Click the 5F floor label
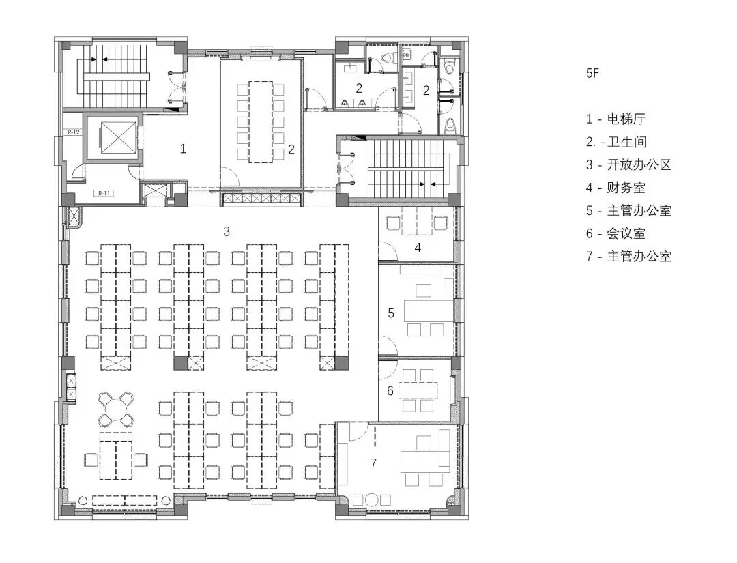(x=592, y=73)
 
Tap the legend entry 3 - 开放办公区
(x=628, y=164)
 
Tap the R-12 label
(x=74, y=132)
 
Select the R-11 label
(x=104, y=193)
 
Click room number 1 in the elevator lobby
(x=183, y=148)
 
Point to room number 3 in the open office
(x=227, y=231)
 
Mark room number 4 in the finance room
(x=418, y=247)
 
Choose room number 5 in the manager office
(x=391, y=313)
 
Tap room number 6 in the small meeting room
(x=390, y=391)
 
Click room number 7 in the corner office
(x=373, y=463)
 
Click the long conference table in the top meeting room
(x=260, y=121)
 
